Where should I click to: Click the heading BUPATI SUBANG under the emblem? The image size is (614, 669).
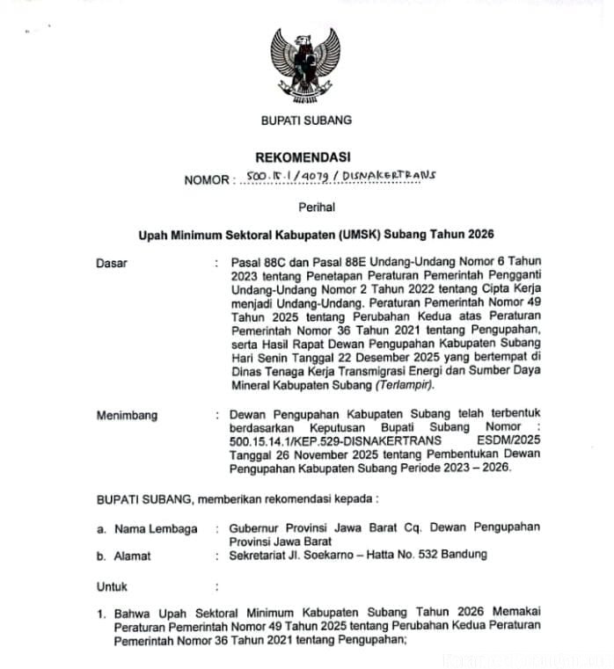point(306,120)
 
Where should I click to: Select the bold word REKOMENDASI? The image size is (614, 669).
point(306,157)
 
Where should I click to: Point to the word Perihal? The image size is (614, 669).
point(306,207)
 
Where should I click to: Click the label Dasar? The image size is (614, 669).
point(112,263)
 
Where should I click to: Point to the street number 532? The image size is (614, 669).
point(433,556)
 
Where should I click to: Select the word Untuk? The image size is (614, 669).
point(112,585)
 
